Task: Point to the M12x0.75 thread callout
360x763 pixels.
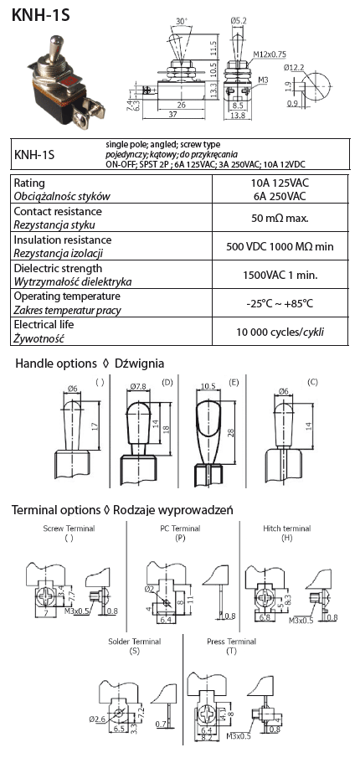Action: [270, 54]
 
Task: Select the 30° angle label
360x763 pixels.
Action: [181, 22]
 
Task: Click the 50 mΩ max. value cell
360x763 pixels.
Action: [280, 218]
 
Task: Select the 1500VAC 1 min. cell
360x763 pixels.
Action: [280, 275]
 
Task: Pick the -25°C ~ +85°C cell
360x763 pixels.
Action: [280, 304]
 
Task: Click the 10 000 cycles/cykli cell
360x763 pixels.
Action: [280, 333]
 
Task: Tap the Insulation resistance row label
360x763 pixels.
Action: [63, 240]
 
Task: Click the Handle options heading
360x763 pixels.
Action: [56, 363]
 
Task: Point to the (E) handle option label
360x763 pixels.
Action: [234, 383]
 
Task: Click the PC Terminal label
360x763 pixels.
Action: [180, 528]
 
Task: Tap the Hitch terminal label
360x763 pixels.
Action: [286, 528]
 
